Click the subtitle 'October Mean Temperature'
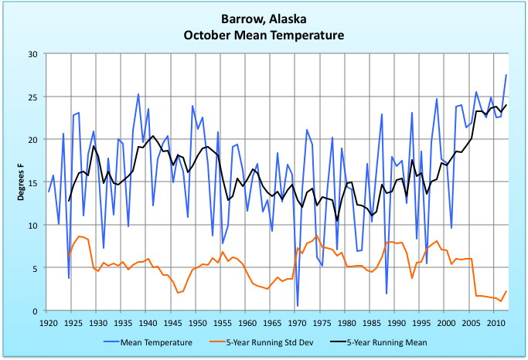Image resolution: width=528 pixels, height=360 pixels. (264, 36)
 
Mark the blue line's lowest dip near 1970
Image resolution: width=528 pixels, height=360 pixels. (298, 306)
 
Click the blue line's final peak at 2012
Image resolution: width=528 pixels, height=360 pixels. (506, 75)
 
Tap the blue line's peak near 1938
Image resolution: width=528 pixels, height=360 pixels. (138, 94)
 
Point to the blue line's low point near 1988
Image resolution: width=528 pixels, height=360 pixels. (387, 294)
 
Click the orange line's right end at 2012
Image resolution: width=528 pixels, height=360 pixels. (506, 291)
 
